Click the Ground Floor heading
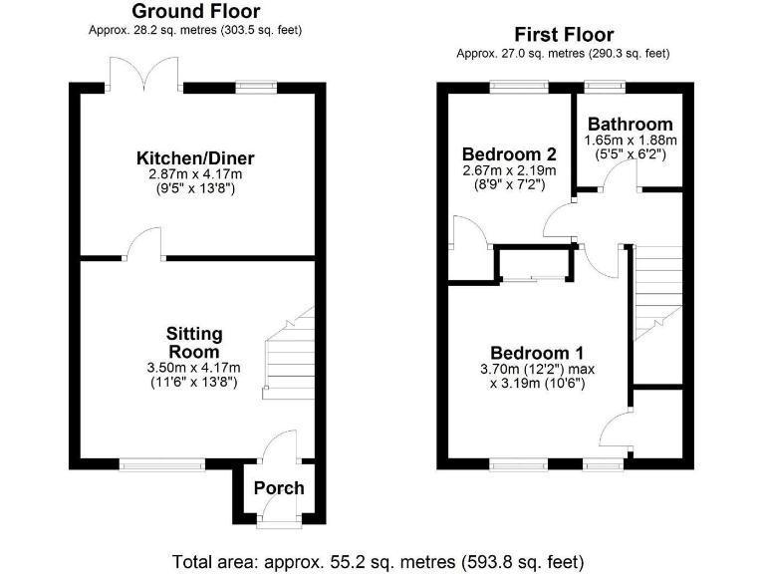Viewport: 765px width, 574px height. point(196,12)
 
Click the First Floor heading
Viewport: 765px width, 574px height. point(563,35)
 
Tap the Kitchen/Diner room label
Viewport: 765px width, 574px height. point(195,158)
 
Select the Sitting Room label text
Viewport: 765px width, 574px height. point(194,343)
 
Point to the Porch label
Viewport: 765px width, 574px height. point(279,487)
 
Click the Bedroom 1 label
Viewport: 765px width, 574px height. point(537,353)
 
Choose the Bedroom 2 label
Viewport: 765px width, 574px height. point(508,154)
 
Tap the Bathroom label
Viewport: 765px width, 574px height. point(630,125)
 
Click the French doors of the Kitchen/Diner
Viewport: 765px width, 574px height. point(144,75)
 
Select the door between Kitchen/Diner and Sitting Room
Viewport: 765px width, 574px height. point(145,245)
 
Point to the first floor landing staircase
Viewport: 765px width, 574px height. point(657,289)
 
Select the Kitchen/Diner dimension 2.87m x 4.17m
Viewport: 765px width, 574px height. point(195,174)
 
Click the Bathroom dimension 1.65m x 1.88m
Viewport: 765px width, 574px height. point(630,141)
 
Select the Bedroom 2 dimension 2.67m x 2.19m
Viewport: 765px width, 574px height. point(508,170)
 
